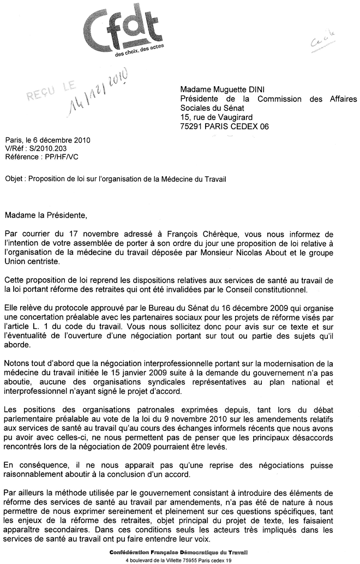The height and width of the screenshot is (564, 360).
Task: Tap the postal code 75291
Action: tap(193, 126)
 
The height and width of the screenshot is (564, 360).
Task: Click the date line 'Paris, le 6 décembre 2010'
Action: tap(47, 140)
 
